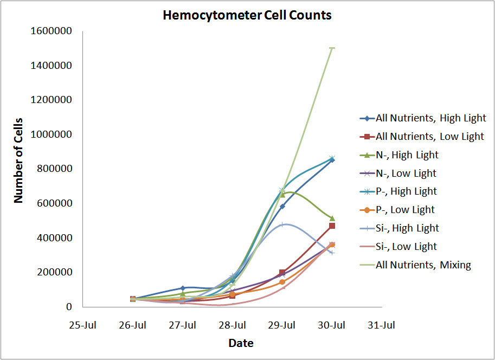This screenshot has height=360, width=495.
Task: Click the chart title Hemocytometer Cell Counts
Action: coord(247,15)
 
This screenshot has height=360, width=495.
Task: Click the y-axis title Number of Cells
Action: coord(19,160)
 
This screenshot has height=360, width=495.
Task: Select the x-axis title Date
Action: coord(241,343)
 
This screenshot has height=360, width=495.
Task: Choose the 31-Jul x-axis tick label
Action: coord(381,325)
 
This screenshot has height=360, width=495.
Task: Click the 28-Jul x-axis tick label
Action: coord(232,325)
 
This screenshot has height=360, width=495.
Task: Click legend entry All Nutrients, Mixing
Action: coord(423,265)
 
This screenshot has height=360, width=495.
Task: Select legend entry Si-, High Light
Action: coord(407,228)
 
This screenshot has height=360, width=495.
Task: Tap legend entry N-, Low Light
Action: coord(406,173)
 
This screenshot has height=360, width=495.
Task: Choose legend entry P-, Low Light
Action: coord(405,210)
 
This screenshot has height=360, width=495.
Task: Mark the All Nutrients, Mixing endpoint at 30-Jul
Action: coord(332,48)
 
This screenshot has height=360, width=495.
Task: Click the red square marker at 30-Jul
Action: coord(332,226)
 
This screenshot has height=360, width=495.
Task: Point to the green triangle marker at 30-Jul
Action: coord(332,218)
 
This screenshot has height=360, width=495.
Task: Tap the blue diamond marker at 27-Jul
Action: coord(183,288)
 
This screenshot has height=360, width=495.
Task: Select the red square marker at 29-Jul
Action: coord(282,272)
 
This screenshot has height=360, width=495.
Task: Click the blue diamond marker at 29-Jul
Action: coord(282,207)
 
